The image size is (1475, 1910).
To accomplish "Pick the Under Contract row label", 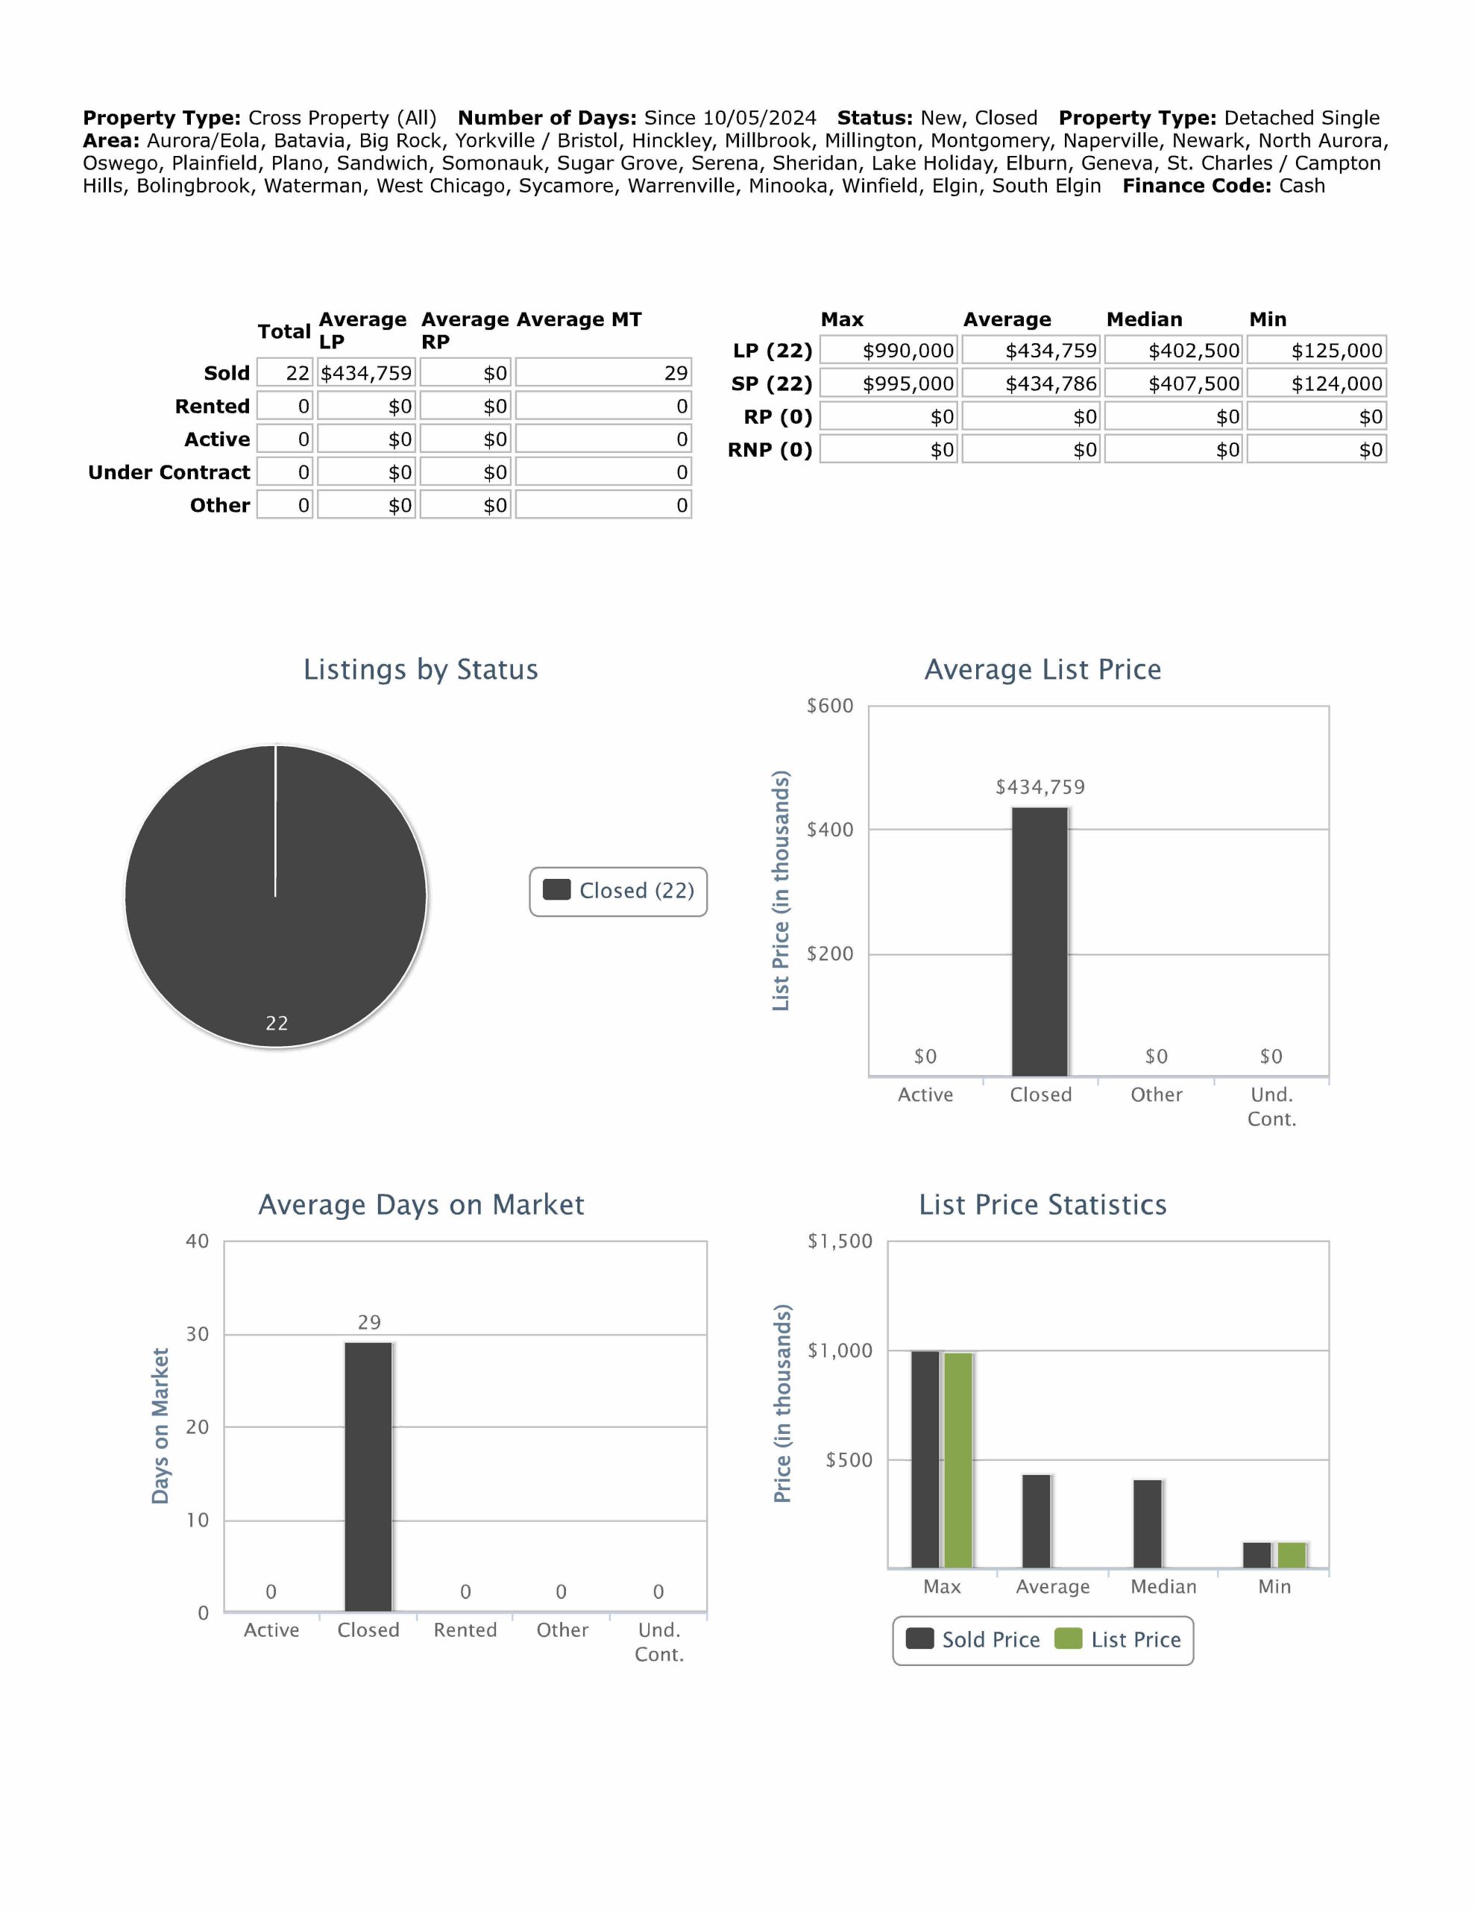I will [x=169, y=472].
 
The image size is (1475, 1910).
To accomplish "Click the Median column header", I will [x=1144, y=319].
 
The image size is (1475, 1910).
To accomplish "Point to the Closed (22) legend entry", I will [x=618, y=891].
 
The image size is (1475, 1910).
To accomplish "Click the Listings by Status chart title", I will [x=421, y=669].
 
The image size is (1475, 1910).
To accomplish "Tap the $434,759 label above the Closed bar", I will [x=1040, y=787].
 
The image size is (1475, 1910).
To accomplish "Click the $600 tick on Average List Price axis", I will [x=829, y=706].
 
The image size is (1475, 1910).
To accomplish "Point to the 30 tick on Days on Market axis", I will [x=198, y=1334].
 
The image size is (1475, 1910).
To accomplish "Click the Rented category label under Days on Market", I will [x=465, y=1630].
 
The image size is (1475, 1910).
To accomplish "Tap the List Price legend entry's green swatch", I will [x=1068, y=1639].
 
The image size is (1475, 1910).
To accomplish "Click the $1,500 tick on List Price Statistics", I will [x=840, y=1241].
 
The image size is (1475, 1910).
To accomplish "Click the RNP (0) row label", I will [x=770, y=451].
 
